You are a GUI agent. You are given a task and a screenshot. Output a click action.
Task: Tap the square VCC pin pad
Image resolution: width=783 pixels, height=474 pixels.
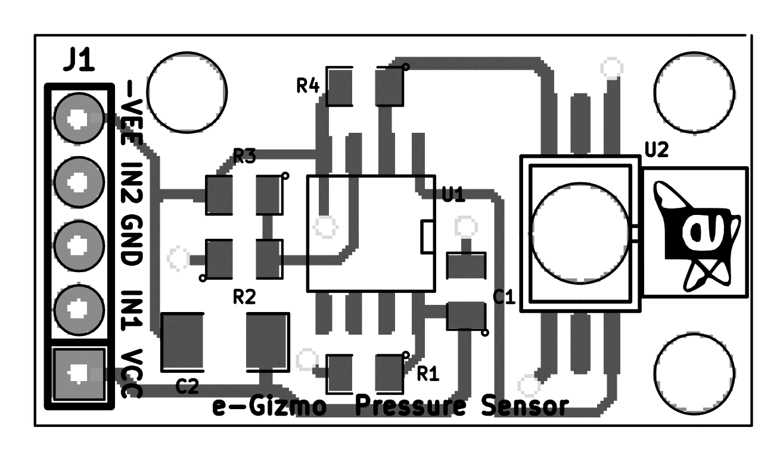coord(77,373)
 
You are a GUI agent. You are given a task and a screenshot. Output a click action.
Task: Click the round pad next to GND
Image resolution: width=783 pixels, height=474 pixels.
coord(77,245)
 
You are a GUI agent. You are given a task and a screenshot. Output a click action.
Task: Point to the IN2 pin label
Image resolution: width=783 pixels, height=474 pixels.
coord(132,182)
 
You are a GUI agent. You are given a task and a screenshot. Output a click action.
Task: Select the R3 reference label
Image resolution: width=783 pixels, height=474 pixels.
coord(244,157)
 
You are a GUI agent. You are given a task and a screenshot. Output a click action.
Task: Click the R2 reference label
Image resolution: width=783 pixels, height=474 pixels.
coord(244,297)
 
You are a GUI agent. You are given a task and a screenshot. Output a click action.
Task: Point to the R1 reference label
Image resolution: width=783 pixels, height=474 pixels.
coord(427,374)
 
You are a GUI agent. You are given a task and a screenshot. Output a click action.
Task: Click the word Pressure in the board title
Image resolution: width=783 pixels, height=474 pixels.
coord(410,407)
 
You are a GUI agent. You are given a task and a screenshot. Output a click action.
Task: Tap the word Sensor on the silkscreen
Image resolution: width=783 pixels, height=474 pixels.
coord(524,407)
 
